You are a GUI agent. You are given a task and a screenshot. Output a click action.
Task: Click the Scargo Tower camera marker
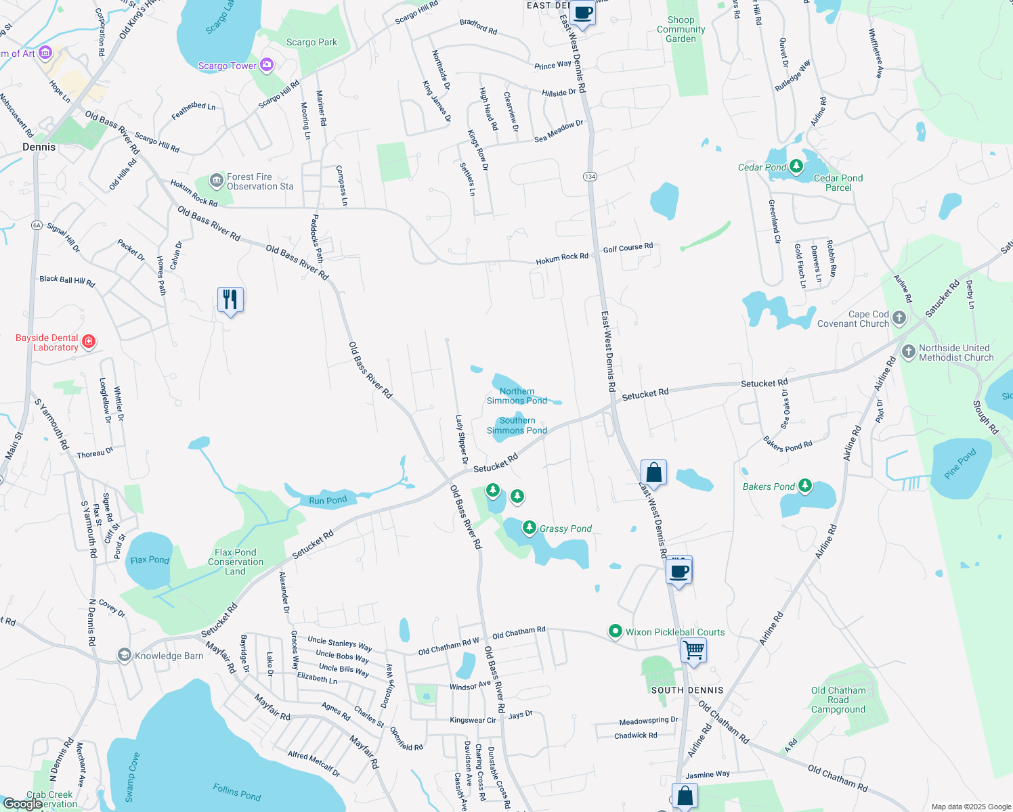point(266,65)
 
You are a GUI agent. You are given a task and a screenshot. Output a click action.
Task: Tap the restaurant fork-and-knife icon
point(230,299)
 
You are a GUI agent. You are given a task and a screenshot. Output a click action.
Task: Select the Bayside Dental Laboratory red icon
point(89,342)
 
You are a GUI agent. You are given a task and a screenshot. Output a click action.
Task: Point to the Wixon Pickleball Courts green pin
point(615,631)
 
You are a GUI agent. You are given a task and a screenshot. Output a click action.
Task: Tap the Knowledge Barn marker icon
point(124,655)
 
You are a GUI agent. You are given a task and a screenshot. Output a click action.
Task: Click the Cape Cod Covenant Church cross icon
point(899,317)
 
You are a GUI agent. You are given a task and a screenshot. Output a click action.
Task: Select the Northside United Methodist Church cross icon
point(909,352)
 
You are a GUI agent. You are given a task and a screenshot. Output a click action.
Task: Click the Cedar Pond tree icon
point(796,166)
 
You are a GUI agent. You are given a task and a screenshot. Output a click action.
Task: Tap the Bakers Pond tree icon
point(804,485)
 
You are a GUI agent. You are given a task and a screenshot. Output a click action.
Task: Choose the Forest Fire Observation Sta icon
point(217,181)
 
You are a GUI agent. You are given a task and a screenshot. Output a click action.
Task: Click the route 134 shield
point(590,176)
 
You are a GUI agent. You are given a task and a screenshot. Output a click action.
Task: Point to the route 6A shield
point(37,225)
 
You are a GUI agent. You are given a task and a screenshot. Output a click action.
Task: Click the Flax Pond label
point(150,560)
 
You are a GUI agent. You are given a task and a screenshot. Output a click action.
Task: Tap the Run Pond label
point(328,501)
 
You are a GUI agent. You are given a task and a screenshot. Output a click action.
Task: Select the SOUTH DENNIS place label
point(687,690)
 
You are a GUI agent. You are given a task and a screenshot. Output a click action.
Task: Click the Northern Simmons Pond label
point(517,396)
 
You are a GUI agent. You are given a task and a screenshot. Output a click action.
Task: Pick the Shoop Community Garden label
point(681,29)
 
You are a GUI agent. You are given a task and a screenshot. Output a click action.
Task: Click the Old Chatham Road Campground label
point(838,700)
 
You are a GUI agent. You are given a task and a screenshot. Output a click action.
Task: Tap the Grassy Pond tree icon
point(530,527)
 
